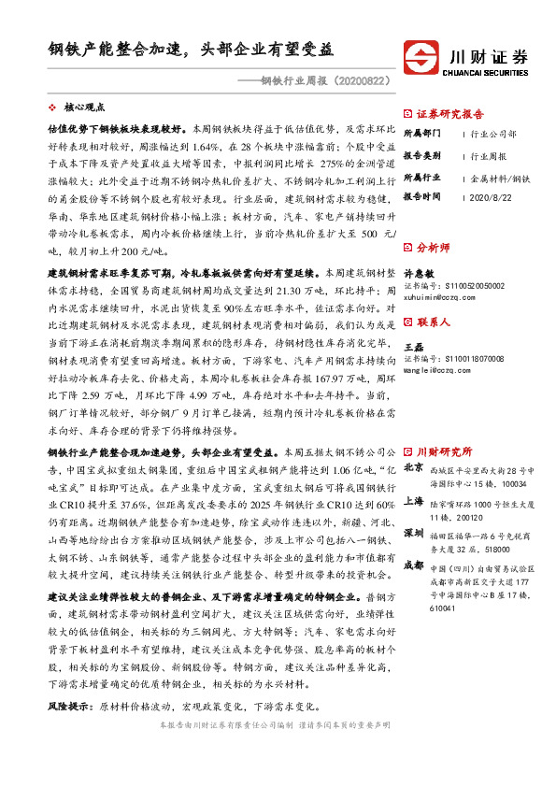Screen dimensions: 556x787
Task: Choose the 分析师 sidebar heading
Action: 436,247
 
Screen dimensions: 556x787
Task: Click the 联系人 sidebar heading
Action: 436,322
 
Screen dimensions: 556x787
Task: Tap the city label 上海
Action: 414,500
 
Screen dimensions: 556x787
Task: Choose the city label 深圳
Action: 414,533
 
